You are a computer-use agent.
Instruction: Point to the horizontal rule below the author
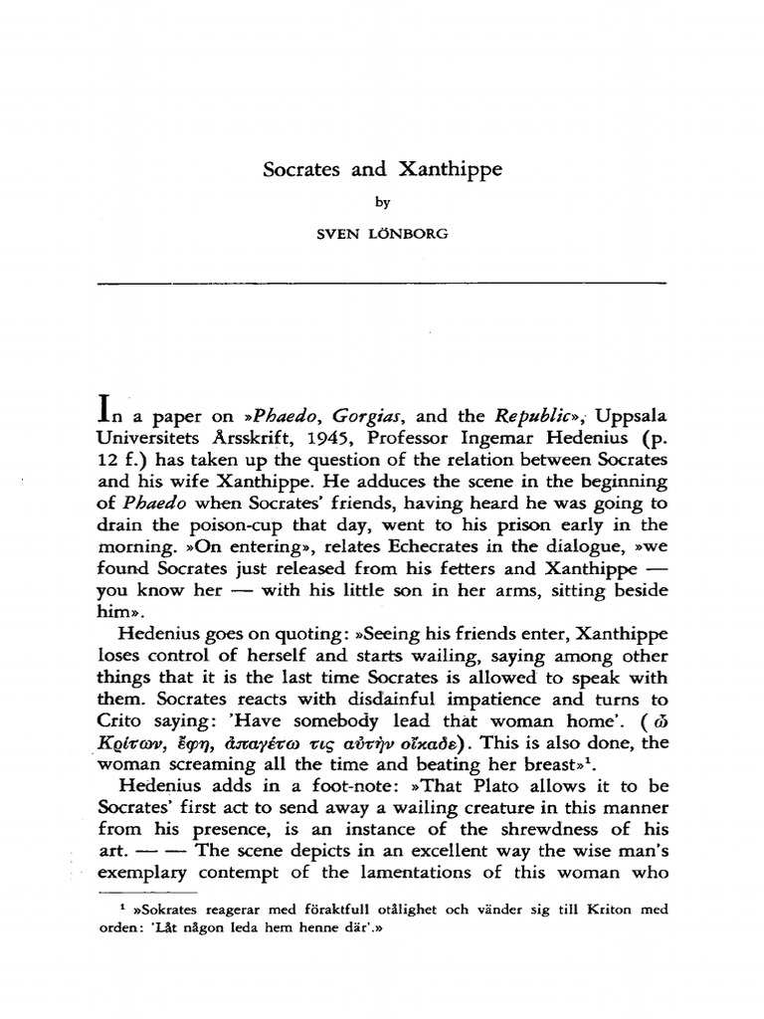[382, 285]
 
